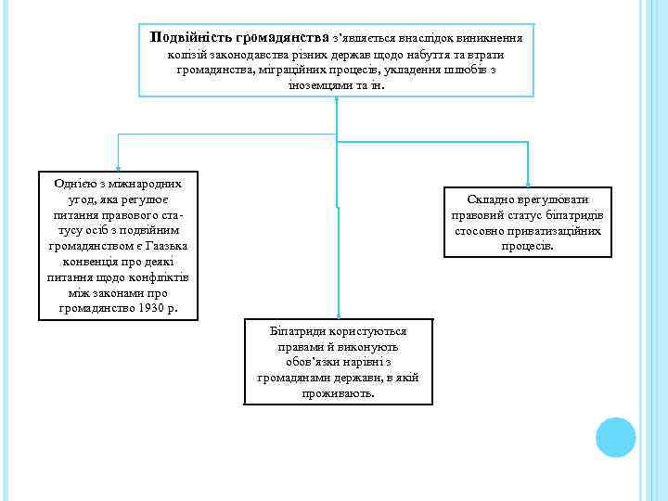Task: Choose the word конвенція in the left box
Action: tap(81, 262)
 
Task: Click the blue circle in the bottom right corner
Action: tap(615, 437)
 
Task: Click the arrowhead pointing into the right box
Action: tap(528, 183)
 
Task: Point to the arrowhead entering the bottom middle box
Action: tap(338, 315)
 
